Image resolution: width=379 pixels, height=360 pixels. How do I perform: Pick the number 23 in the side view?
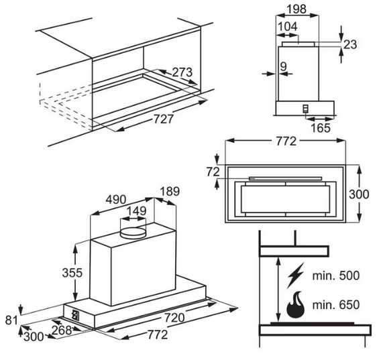coord(350,44)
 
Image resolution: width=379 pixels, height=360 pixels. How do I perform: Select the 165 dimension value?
coord(320,128)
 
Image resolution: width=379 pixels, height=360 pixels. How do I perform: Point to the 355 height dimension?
coord(60,273)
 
